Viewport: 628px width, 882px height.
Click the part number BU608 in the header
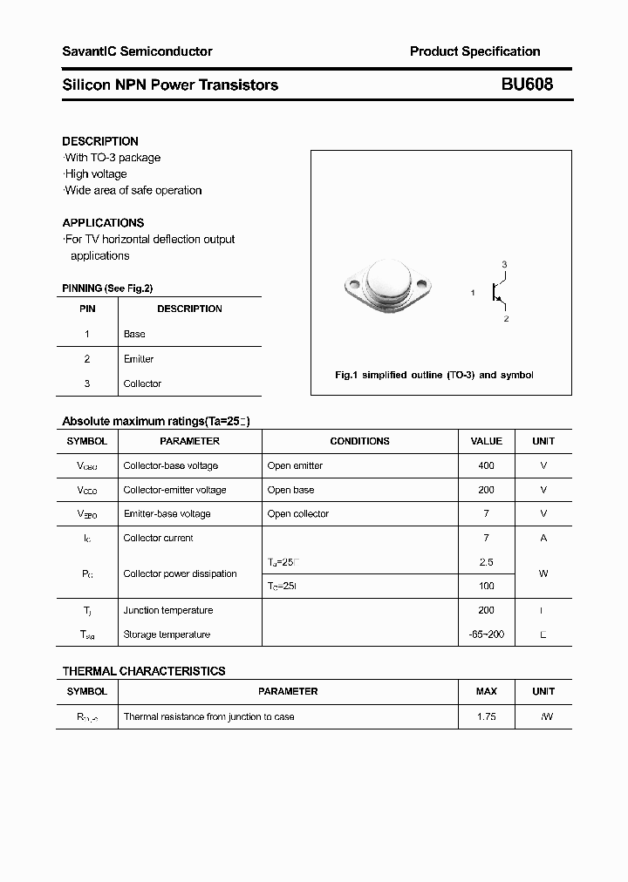click(x=526, y=85)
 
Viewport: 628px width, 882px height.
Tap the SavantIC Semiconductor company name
click(x=137, y=51)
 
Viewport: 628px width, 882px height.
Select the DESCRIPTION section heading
click(x=100, y=141)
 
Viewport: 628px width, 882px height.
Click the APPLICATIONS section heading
click(x=103, y=222)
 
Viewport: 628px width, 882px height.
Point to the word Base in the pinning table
click(x=134, y=334)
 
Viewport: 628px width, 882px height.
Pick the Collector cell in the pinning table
click(x=142, y=383)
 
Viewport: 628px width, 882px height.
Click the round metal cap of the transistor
click(x=388, y=281)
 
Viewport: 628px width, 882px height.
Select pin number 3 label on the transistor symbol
click(x=504, y=264)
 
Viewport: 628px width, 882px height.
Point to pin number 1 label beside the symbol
click(x=473, y=293)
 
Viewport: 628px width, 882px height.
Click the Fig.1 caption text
click(x=433, y=375)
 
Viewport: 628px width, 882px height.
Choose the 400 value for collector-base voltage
click(x=486, y=465)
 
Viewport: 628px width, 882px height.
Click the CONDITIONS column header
click(x=359, y=441)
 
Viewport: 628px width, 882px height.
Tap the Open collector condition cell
click(x=298, y=513)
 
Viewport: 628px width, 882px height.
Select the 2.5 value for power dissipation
click(x=486, y=562)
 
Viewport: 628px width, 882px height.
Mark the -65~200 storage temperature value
click(x=486, y=634)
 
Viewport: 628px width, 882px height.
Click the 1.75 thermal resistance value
click(x=486, y=716)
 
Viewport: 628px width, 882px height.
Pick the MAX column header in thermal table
click(x=486, y=691)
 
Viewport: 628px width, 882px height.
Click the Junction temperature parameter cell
click(x=167, y=610)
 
